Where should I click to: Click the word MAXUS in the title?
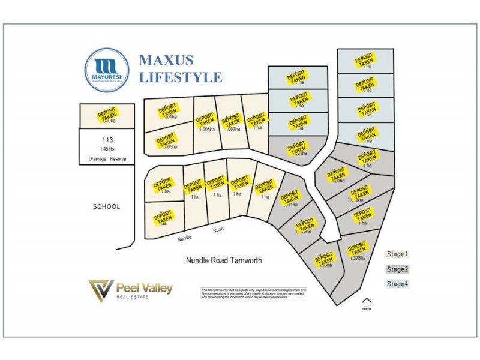tap(166, 61)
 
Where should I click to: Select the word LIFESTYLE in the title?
tap(180, 77)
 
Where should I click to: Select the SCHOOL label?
tap(107, 206)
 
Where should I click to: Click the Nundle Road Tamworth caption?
tap(224, 260)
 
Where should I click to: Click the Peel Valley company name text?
tap(145, 288)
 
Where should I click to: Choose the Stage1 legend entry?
tap(397, 254)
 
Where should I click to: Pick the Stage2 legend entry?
tap(397, 269)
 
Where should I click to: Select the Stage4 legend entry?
tap(397, 284)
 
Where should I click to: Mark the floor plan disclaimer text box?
tap(254, 293)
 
